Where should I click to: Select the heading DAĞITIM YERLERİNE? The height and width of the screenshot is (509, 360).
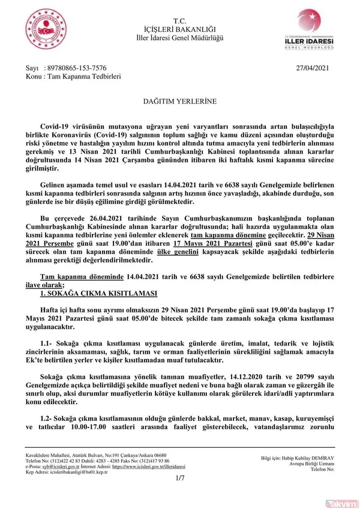click(x=179, y=103)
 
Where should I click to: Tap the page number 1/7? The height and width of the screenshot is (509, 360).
click(x=179, y=478)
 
